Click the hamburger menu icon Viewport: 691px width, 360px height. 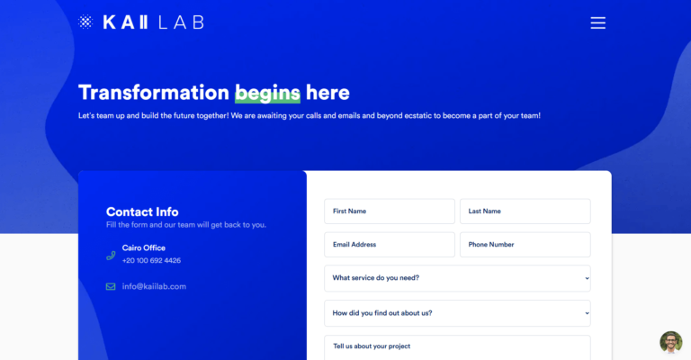tap(598, 22)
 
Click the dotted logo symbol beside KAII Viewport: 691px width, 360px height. tap(85, 22)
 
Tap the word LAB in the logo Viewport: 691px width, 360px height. tap(181, 22)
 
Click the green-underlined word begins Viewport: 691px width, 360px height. tap(267, 93)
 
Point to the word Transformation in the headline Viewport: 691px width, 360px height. tap(154, 93)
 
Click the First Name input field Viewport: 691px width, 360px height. tap(390, 211)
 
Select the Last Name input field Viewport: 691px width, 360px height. tap(525, 211)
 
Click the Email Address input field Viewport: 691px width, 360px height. tap(390, 245)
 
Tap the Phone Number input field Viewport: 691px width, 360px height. tap(525, 245)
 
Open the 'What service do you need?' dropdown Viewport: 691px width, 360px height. tap(457, 278)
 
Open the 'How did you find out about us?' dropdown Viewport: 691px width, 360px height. tap(457, 313)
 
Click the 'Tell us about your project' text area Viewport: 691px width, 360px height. tap(457, 348)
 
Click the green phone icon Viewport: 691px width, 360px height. tap(111, 256)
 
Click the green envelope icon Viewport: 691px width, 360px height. tap(111, 287)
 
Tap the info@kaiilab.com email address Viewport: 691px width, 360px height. tap(154, 286)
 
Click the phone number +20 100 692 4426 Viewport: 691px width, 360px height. tap(151, 260)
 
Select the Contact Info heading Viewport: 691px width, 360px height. tap(142, 211)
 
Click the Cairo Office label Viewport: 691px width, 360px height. tap(144, 248)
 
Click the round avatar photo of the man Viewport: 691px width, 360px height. tap(670, 342)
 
